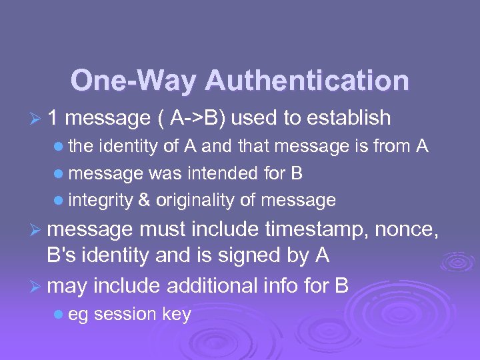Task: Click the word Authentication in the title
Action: (x=307, y=81)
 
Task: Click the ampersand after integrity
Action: (x=144, y=200)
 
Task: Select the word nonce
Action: (x=408, y=231)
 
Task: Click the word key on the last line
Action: (x=176, y=315)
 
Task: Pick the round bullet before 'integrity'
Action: (x=61, y=200)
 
